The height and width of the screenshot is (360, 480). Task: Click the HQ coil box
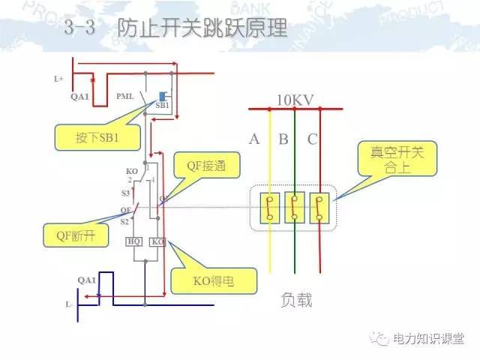[134, 241]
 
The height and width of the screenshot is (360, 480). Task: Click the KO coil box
[157, 241]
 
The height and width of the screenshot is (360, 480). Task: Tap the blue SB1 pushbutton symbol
[162, 97]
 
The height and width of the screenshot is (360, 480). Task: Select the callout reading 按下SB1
[97, 138]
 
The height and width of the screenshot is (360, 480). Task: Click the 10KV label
[295, 100]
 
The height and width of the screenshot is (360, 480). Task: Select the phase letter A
[254, 139]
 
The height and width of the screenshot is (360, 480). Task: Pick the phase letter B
[283, 139]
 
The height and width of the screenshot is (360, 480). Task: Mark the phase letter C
[312, 139]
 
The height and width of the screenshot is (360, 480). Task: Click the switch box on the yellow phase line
[271, 208]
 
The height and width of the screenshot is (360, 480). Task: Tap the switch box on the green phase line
[295, 208]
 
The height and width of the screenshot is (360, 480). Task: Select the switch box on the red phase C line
[320, 208]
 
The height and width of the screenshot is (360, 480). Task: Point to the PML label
[125, 97]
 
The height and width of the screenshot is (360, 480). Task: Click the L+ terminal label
[59, 78]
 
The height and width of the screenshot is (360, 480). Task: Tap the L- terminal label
[68, 305]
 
